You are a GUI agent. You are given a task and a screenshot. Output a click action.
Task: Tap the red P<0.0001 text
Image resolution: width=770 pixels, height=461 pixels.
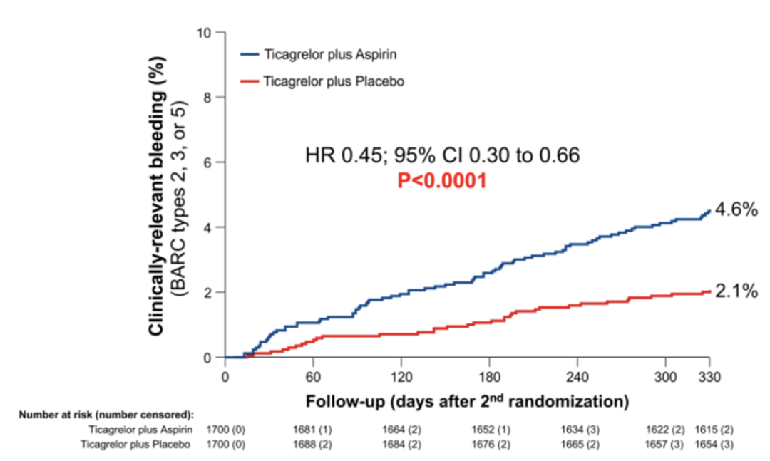pos(442,182)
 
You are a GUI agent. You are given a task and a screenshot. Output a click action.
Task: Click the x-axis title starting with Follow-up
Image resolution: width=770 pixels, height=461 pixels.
pos(467,401)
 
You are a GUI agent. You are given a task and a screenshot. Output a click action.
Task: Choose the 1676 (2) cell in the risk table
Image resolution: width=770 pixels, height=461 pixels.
pos(489,445)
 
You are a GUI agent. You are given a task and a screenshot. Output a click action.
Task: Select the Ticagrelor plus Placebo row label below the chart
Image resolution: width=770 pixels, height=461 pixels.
pos(140,445)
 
